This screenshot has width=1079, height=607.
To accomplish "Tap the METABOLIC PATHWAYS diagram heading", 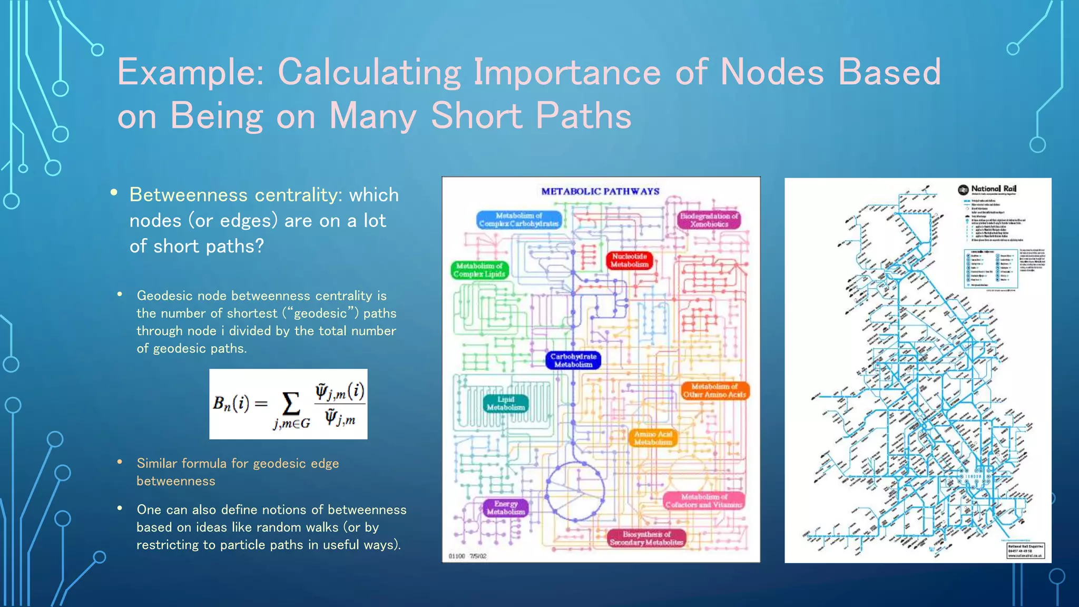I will [600, 191].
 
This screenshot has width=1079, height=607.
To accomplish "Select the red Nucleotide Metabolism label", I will [629, 260].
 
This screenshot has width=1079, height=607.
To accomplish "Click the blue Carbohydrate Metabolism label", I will [573, 360].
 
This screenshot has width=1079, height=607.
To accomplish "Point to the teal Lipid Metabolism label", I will [506, 404].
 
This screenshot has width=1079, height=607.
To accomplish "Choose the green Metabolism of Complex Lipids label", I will [479, 270].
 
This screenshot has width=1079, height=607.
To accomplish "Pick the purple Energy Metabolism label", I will [506, 507].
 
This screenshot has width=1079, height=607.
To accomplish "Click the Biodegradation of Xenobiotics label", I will [709, 220].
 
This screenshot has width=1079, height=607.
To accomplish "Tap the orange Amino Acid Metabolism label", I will [653, 438].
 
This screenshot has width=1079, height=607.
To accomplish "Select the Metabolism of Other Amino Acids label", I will [714, 390].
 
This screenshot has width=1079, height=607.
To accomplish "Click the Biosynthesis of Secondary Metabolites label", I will [646, 538].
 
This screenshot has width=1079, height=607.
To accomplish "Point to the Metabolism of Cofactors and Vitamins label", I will [704, 501].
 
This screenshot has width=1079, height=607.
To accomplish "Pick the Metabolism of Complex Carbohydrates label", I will [518, 220].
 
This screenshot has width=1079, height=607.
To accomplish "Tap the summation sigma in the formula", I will [291, 405].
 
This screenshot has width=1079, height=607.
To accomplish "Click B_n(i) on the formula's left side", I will [231, 404].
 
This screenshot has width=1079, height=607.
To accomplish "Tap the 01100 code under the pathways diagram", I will [456, 556].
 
